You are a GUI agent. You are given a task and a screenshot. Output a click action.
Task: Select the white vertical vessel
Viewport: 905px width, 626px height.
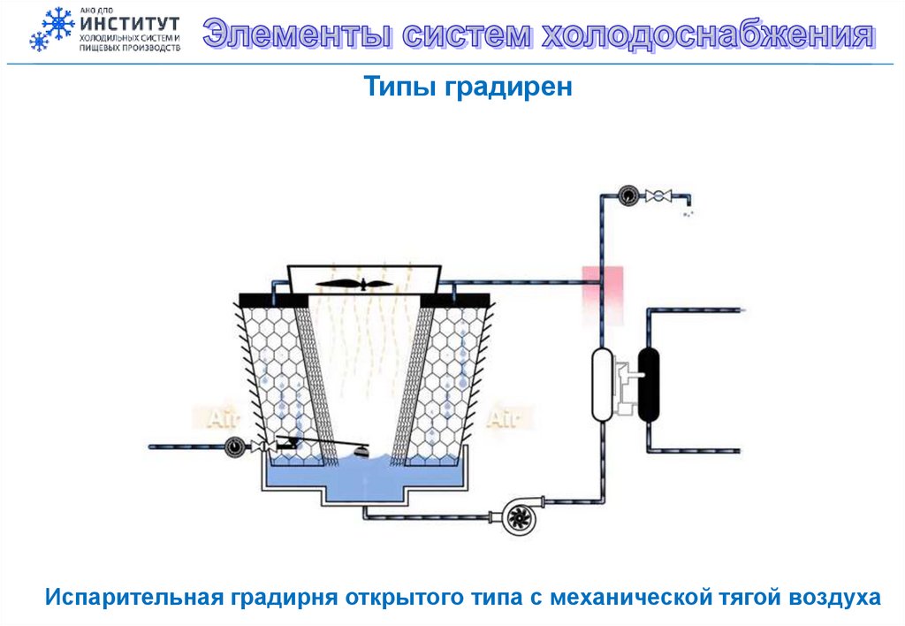[x=603, y=383]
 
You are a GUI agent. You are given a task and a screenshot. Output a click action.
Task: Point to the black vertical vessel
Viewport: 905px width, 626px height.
[x=650, y=383]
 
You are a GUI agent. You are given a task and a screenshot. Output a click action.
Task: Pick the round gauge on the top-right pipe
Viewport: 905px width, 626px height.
[x=627, y=195]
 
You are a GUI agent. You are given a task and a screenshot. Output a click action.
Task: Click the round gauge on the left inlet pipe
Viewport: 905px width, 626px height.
[x=234, y=447]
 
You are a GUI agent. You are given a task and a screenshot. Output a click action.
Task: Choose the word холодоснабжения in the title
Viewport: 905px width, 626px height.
[x=706, y=36]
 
